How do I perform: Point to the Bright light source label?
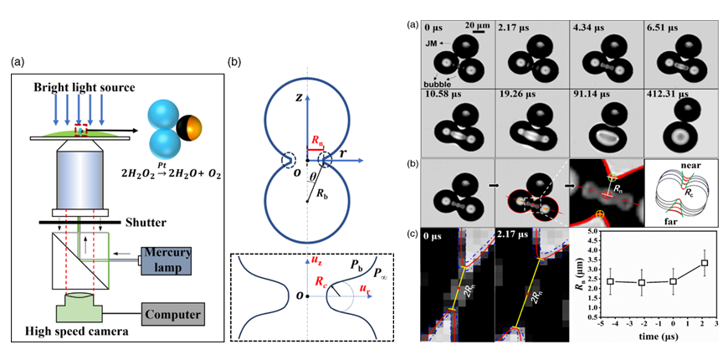tap(82, 88)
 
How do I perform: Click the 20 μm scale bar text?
tap(478, 24)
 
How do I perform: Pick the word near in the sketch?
tap(684, 166)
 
